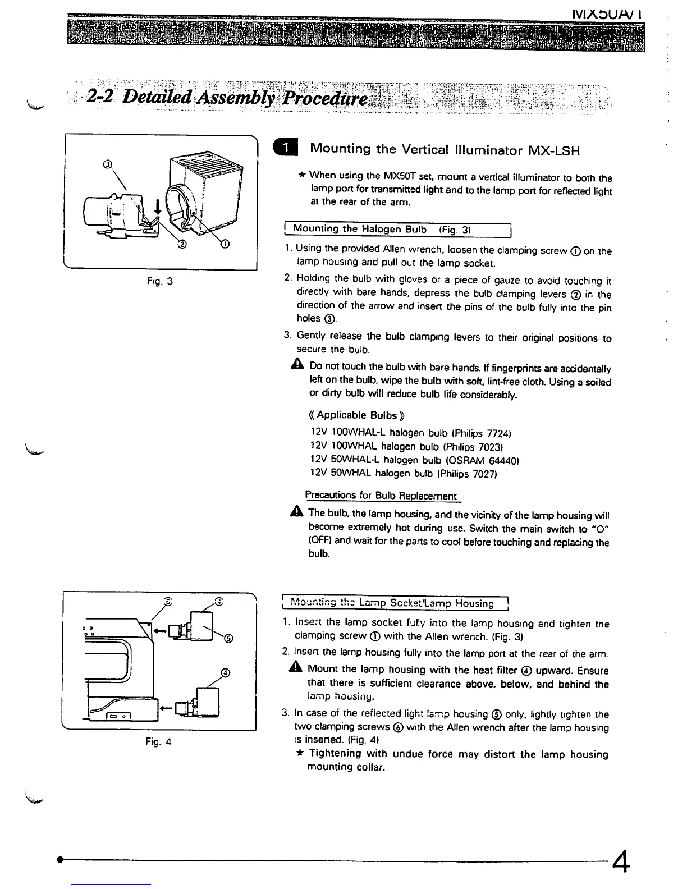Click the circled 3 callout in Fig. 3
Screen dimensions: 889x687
110,164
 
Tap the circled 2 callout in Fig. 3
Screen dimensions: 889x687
181,244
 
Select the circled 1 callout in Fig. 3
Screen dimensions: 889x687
225,244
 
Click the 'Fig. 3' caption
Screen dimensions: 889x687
159,281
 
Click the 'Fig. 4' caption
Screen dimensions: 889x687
158,742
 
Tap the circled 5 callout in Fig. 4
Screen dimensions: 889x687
228,637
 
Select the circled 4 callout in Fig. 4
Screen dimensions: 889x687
226,673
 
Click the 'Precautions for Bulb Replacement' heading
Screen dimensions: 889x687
381,496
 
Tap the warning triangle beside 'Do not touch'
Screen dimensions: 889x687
297,366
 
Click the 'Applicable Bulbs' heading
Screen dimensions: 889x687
356,415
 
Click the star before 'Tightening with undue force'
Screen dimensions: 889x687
299,753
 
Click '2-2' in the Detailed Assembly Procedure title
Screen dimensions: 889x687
101,97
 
